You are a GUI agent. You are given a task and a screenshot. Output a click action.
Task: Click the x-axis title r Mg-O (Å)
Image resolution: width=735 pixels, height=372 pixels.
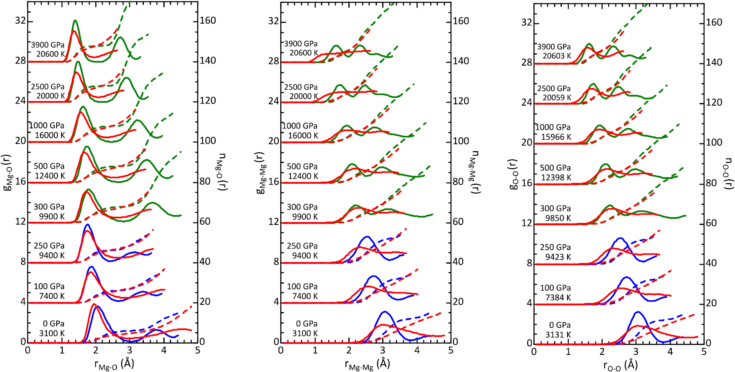[114, 364]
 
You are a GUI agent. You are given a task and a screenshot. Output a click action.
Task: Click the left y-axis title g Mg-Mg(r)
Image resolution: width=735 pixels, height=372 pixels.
[261, 173]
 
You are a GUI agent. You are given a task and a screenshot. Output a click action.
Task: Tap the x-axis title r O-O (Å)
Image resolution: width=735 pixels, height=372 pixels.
[621, 365]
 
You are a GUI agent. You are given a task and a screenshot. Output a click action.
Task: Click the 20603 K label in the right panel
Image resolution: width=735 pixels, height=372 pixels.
[557, 56]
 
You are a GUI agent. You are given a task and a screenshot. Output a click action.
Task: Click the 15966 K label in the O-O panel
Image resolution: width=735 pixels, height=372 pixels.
[556, 137]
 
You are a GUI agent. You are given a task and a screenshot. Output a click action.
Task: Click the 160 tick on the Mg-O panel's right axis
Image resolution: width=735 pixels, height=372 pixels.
[208, 21]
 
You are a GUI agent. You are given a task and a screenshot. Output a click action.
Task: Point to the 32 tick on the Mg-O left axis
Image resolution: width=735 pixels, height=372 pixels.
[20, 21]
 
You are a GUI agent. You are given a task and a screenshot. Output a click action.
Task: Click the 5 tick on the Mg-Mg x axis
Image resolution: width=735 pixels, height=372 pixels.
[451, 350]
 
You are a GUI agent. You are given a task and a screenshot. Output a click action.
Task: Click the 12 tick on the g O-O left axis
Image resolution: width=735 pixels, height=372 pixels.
[527, 223]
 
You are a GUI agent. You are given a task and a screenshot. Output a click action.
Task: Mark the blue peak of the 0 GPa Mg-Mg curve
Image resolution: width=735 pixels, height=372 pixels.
[384, 312]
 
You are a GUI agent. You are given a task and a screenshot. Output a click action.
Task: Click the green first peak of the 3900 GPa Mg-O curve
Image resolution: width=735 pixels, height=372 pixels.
[75, 20]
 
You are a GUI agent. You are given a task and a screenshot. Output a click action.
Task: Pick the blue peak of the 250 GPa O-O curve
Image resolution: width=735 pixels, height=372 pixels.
[620, 238]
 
